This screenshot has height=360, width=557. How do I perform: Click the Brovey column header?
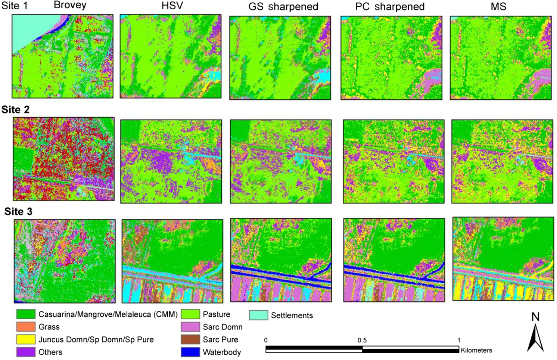click(x=70, y=5)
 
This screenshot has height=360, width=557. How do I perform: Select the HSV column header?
click(x=172, y=6)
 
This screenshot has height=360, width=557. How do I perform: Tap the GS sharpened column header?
click(x=283, y=7)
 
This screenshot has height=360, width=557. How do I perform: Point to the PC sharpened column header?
click(x=390, y=7)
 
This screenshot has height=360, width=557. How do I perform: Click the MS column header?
click(x=498, y=7)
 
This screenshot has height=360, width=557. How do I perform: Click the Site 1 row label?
click(x=15, y=6)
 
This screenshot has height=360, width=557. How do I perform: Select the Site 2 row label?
click(x=15, y=109)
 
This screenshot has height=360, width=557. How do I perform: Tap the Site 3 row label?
click(x=18, y=211)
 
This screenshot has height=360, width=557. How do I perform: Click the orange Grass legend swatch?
click(x=26, y=327)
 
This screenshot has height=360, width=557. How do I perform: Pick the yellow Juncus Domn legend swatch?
click(x=26, y=339)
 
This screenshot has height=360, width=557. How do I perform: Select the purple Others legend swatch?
click(x=26, y=352)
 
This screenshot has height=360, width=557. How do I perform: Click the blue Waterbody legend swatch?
click(x=190, y=352)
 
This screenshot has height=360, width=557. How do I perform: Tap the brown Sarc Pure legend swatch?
click(x=190, y=339)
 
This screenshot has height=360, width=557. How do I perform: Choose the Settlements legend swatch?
click(x=258, y=315)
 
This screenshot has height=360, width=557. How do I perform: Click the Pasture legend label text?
click(x=217, y=314)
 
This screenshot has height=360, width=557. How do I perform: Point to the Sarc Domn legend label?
click(x=223, y=327)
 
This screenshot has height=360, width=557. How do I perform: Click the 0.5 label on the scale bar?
click(x=362, y=340)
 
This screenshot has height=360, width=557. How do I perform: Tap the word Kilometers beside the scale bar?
click(x=476, y=350)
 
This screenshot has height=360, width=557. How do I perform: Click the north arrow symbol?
click(x=535, y=338)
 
